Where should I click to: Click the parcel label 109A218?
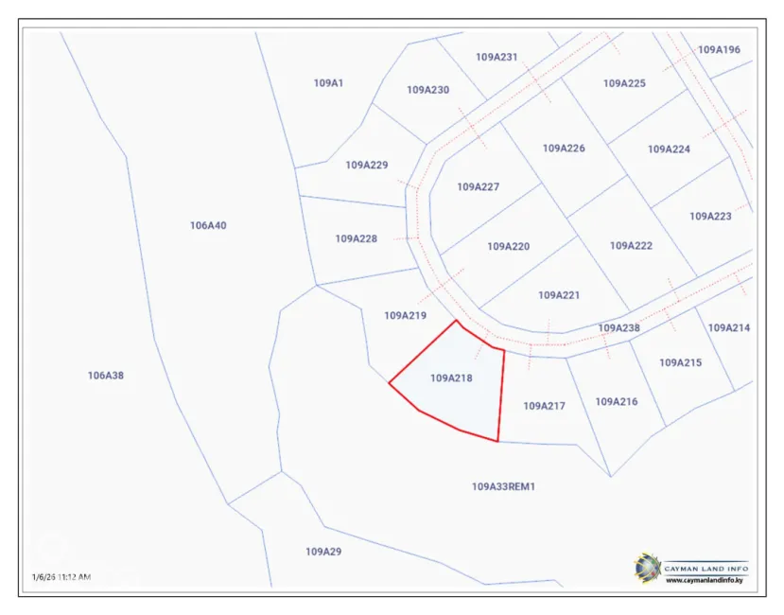click(451, 378)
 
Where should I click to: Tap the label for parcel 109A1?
click(328, 83)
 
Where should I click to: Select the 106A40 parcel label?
click(208, 225)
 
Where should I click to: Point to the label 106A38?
click(106, 376)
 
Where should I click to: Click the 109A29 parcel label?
click(323, 551)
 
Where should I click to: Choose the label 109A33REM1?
click(504, 486)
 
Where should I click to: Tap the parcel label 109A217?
click(544, 406)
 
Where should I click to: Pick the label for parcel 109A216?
click(617, 401)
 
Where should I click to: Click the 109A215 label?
click(680, 362)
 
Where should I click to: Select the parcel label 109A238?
click(619, 328)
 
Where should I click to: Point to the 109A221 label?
click(559, 295)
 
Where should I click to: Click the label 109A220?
click(509, 246)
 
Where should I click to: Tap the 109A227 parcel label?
click(479, 186)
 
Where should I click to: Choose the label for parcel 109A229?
click(367, 165)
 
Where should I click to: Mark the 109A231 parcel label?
click(497, 57)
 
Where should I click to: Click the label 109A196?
click(719, 49)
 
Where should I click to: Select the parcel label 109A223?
click(710, 216)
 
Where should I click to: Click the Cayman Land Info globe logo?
click(648, 568)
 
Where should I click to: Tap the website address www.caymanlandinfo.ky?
click(705, 580)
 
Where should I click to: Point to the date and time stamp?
click(61, 576)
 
